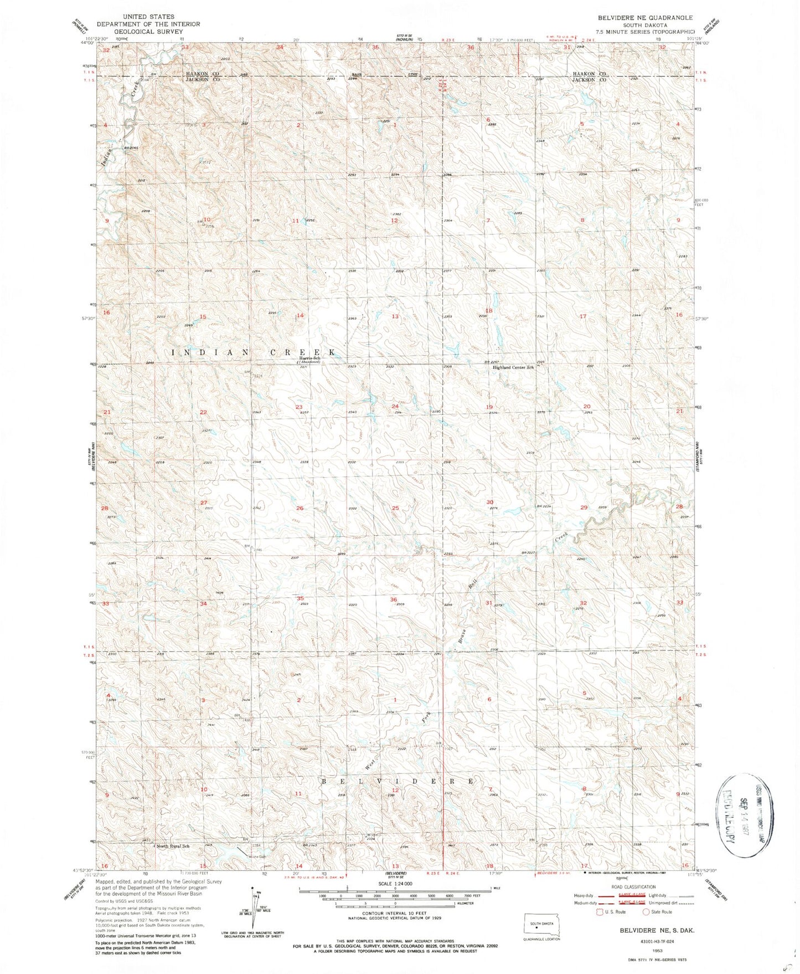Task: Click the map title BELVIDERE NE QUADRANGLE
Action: tap(645, 18)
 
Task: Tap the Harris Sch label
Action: tap(310, 358)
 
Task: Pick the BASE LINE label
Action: tap(386, 74)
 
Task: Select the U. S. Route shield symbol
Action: tap(600, 911)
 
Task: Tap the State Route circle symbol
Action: tap(646, 911)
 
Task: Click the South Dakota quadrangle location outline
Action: tap(542, 926)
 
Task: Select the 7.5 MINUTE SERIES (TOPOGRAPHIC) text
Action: tap(646, 32)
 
